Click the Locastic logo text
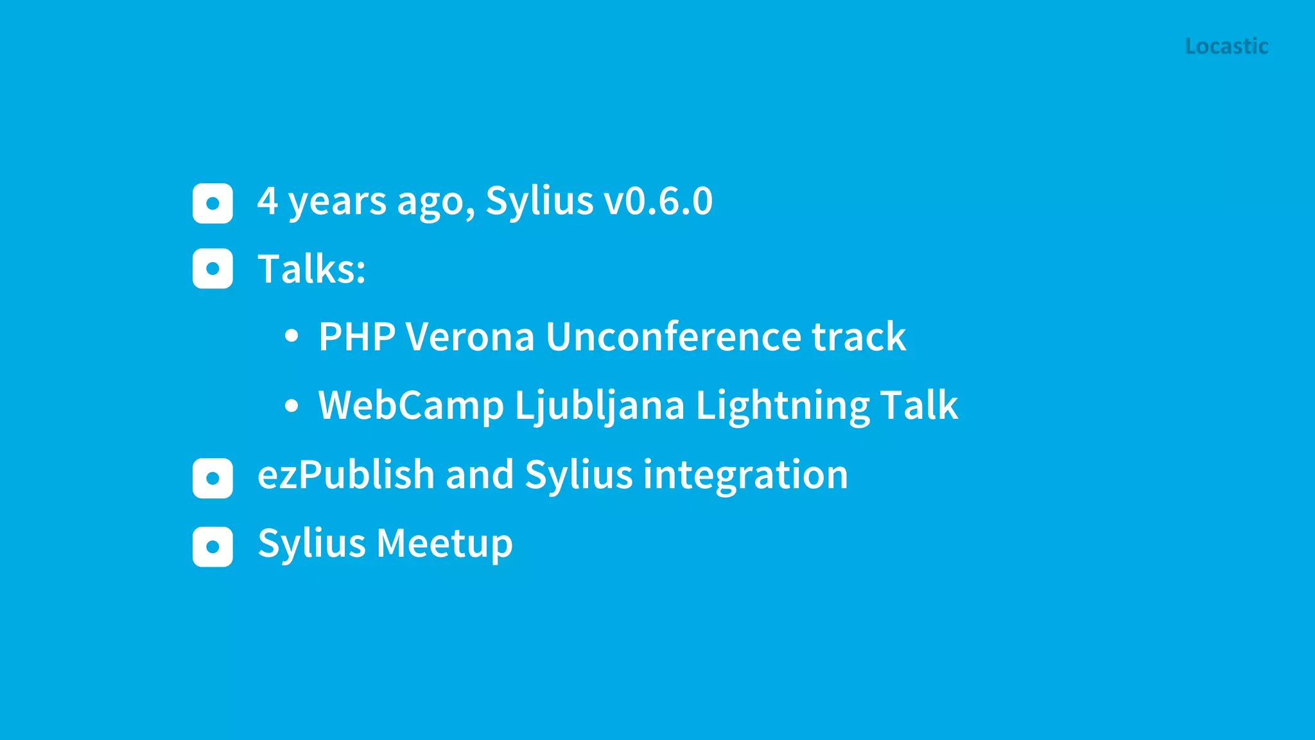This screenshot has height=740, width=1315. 1226,46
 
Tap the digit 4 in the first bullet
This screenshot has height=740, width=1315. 268,201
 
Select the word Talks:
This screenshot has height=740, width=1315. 311,269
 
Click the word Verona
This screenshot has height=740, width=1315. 470,337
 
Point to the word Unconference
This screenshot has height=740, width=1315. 672,337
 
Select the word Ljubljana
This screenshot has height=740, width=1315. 600,406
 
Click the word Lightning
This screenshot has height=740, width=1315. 782,406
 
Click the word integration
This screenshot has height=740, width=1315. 745,475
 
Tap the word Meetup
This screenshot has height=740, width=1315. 444,544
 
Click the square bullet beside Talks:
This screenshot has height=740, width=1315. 213,269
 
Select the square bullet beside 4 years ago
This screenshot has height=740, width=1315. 213,204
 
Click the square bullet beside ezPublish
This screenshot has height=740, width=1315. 213,478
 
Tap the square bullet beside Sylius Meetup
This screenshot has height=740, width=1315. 213,547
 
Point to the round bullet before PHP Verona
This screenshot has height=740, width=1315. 292,335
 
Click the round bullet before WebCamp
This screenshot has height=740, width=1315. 292,405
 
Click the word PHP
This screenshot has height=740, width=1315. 356,337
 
